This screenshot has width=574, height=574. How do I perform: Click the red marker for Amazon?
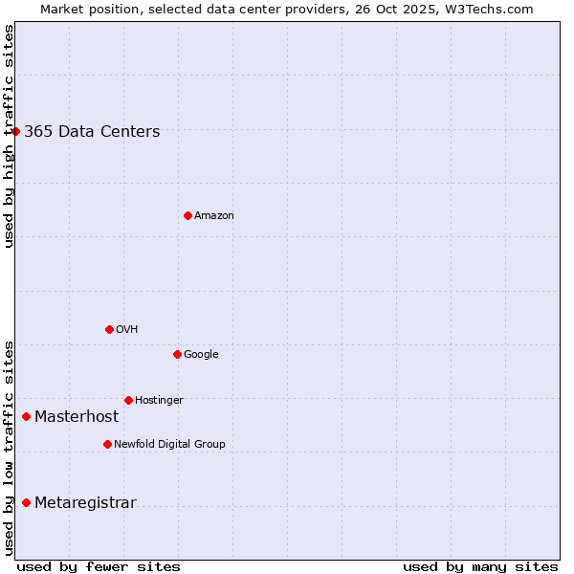188,215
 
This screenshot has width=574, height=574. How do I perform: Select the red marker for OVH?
109,329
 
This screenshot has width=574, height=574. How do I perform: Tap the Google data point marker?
177,354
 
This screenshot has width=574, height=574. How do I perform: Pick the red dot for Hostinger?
128,400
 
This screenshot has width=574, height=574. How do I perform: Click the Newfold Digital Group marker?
107,444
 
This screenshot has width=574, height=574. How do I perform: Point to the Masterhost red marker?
26,416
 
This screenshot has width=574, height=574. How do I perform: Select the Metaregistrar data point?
26,502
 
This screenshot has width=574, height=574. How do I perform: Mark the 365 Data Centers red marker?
16,131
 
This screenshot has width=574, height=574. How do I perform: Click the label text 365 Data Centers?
92,132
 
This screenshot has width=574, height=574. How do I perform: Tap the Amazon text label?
214,216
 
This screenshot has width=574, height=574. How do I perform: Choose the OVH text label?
127,330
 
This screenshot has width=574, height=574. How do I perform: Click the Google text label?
201,355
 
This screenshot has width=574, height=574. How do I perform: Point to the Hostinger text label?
159,401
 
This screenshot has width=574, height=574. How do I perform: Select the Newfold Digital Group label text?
169,445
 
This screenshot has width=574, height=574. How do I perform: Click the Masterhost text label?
77,417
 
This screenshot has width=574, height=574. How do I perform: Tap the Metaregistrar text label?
85,503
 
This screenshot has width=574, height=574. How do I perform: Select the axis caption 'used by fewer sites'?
99,566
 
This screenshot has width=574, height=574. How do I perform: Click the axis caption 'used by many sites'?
480,566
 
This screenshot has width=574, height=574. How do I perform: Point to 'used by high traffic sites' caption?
9,136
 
